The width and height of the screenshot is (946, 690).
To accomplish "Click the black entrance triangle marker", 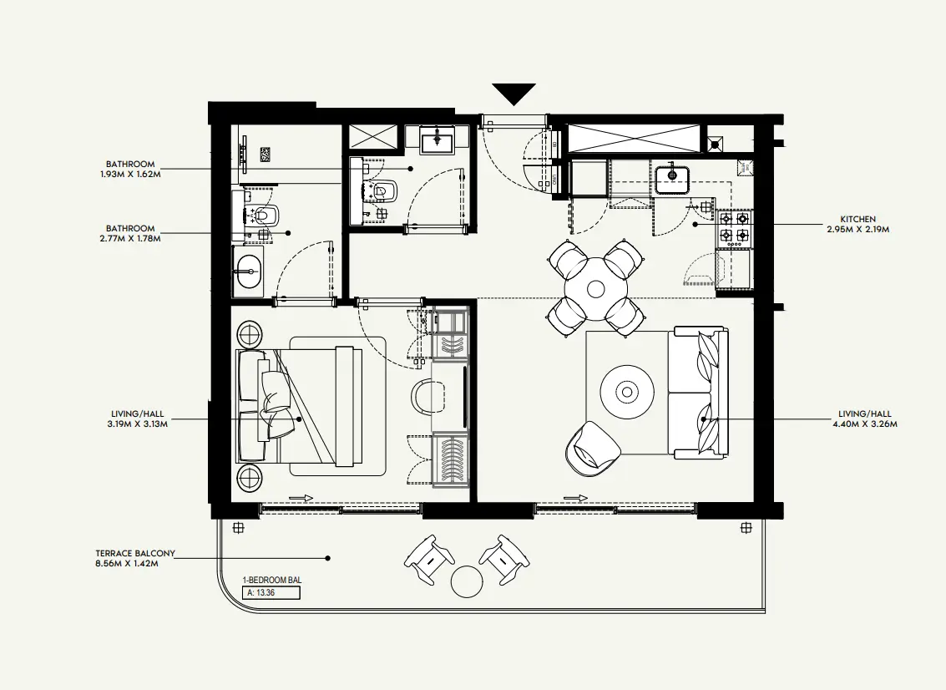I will tap(513, 93).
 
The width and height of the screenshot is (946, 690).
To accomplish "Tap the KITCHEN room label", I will tap(859, 220).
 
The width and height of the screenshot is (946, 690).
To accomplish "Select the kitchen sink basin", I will tap(671, 178).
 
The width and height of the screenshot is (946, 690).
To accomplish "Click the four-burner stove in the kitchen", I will tap(733, 227).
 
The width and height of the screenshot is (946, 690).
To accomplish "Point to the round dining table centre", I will tap(595, 289).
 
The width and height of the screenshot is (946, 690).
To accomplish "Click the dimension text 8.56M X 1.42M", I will tap(127, 564).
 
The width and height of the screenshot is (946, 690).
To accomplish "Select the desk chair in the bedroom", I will tap(431, 395).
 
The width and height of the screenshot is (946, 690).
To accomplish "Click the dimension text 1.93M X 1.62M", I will tap(130, 175).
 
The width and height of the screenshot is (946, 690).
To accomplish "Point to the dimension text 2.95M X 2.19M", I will tap(859, 229).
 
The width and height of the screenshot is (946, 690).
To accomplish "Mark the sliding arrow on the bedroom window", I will tap(301, 499).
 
